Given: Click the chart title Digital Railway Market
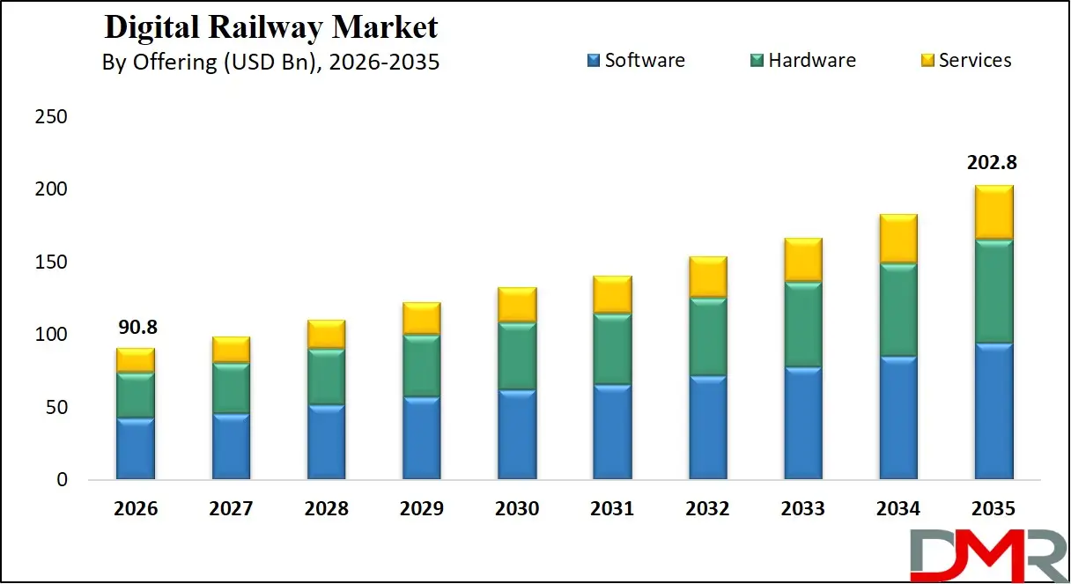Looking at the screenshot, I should click(270, 26).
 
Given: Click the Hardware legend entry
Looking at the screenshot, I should click(802, 60).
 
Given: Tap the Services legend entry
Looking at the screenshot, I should click(966, 60).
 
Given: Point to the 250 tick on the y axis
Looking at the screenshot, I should click(50, 117).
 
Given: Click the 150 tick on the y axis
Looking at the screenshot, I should click(50, 262).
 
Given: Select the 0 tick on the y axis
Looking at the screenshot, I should click(62, 480).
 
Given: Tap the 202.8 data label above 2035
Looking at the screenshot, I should click(993, 163).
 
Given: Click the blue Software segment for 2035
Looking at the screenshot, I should click(993, 412).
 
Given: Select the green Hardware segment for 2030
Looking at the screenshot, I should click(517, 356).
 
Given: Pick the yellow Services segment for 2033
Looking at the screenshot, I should click(802, 260).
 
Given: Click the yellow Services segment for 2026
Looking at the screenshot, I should click(135, 359).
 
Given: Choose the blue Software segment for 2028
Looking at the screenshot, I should click(326, 442).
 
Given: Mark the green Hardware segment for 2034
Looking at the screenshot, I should click(897, 309).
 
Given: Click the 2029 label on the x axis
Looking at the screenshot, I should click(421, 508).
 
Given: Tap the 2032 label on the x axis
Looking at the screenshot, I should click(707, 508).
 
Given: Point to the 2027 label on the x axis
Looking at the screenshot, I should click(231, 508).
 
